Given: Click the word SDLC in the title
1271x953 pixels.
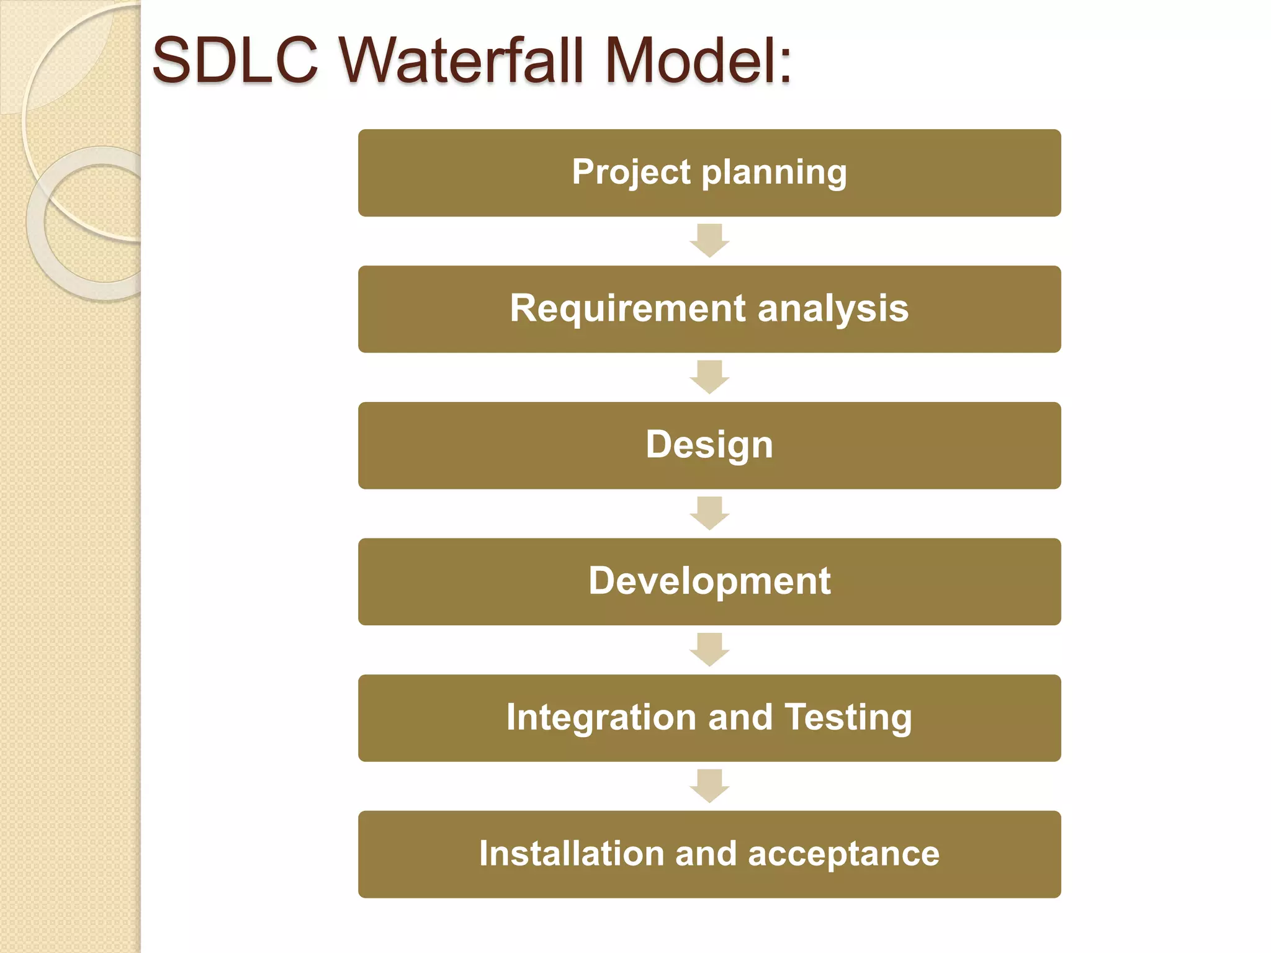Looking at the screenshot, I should click(235, 60).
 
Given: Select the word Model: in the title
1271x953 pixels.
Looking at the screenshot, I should click(698, 60).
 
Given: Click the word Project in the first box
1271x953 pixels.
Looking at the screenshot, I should click(631, 172).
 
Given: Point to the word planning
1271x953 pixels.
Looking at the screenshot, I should click(774, 173).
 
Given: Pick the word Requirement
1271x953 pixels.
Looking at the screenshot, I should click(627, 308).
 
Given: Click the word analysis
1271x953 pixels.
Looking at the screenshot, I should click(833, 309).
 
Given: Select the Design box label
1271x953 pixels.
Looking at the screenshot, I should click(709, 445).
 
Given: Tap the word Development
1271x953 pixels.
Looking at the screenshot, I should click(709, 581).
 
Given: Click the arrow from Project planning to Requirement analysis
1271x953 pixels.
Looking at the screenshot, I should click(709, 240).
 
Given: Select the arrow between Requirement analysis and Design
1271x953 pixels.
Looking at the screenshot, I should click(709, 377).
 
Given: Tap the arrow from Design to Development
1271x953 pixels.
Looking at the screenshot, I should click(709, 513).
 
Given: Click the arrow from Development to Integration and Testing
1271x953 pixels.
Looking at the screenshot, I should click(709, 650).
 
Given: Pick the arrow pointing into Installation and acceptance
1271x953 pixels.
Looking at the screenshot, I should click(709, 786).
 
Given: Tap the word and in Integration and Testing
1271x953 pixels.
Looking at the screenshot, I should click(740, 718).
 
